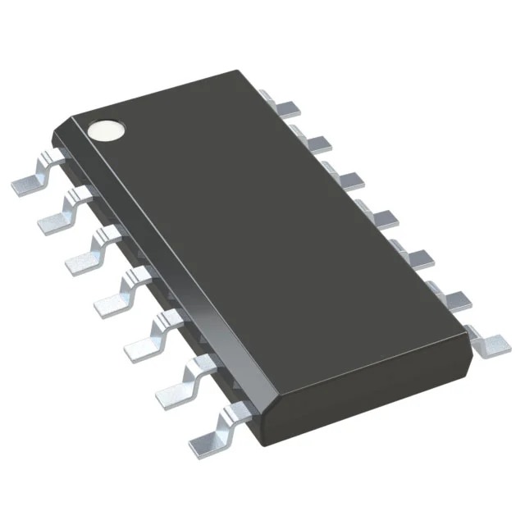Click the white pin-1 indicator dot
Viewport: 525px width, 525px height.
tap(107, 130)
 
